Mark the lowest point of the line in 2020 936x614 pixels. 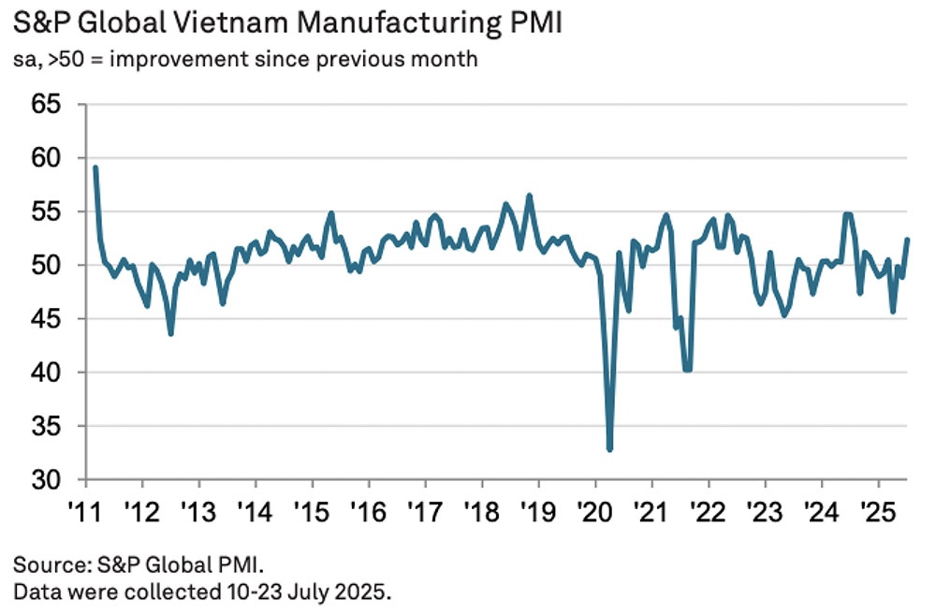[610, 449]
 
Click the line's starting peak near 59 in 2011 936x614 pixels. [95, 168]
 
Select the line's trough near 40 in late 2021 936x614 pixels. [688, 370]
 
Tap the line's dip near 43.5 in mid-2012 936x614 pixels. [170, 333]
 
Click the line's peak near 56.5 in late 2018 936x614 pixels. [530, 196]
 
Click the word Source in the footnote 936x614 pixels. [43, 565]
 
